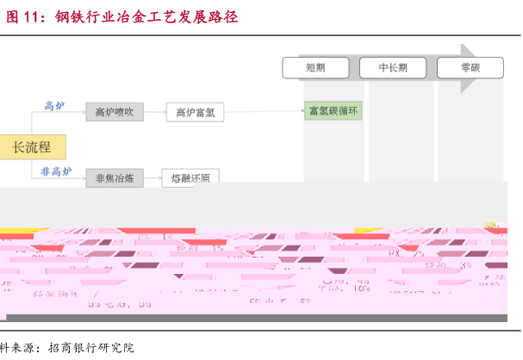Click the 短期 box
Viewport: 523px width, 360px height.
point(315,67)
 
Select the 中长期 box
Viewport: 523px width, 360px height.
point(393,67)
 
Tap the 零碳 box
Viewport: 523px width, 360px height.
point(470,67)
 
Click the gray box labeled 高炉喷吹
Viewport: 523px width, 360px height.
point(115,111)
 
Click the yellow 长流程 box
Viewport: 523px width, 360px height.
point(31,147)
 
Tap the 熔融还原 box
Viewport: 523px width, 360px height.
point(190,178)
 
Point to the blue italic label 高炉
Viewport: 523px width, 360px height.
point(54,105)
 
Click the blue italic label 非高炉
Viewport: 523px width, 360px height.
point(56,171)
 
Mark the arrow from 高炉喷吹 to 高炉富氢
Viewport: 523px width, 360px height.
point(154,111)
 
